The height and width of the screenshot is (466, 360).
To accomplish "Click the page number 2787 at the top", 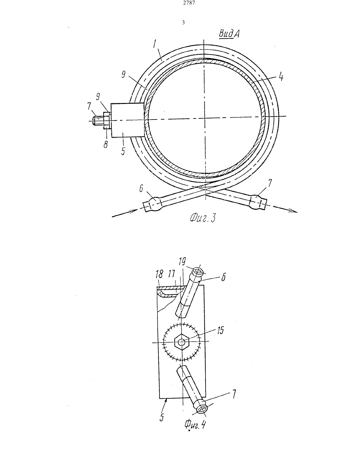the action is [x=189, y=3].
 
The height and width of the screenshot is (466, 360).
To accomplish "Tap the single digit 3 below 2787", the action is [x=183, y=22].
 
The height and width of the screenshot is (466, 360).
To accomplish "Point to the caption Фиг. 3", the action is [x=202, y=218].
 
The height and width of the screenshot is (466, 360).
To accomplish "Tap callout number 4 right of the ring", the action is [x=281, y=77].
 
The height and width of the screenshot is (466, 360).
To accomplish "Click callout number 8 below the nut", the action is [x=105, y=145].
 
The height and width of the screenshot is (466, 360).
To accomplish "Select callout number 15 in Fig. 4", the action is [x=220, y=330].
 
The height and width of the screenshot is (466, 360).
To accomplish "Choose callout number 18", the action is [x=160, y=274].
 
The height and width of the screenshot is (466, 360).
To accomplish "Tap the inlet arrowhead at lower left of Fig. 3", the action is [x=133, y=211].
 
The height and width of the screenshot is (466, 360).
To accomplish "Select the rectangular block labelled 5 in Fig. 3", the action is [x=127, y=120].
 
